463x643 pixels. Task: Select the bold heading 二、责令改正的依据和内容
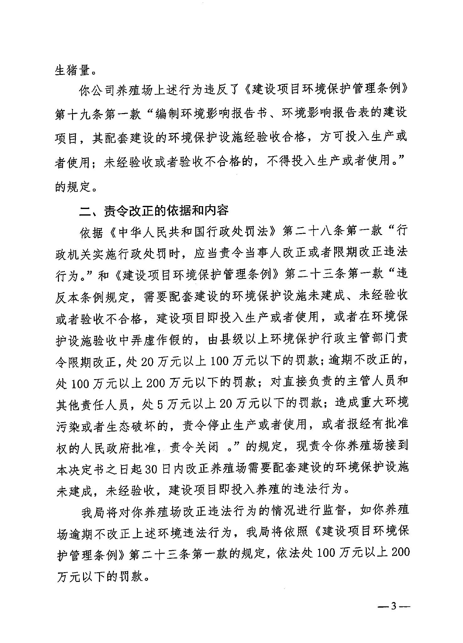coord(154,211)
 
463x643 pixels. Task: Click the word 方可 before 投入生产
coord(326,138)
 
